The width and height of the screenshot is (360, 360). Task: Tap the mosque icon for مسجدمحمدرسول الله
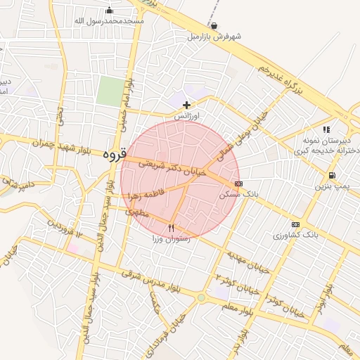click(109, 10)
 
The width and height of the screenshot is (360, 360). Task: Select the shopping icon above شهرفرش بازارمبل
click(213, 26)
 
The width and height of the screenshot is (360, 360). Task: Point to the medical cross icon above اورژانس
click(186, 104)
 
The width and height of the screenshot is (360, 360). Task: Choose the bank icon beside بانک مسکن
click(238, 184)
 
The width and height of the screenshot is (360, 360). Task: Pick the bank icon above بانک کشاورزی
click(295, 224)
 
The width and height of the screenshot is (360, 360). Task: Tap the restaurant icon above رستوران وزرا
click(171, 227)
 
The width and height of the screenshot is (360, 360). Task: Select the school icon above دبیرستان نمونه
click(326, 129)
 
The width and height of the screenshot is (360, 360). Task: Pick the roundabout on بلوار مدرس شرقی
click(202, 297)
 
